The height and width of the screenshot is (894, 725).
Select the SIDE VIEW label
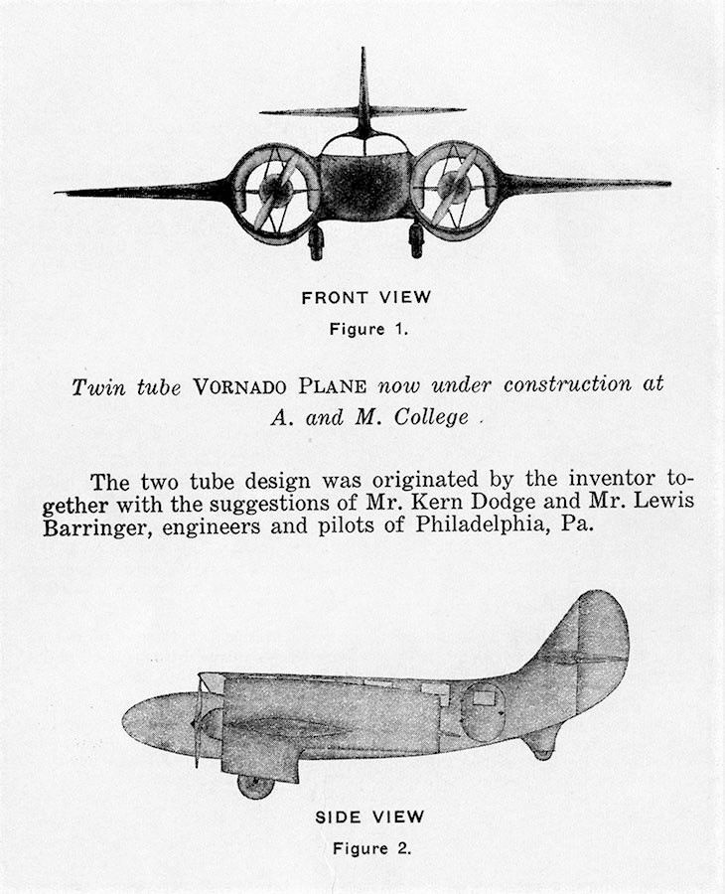tap(369, 818)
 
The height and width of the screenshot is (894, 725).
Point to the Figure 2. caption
tap(370, 849)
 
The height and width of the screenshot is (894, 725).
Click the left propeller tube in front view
tap(274, 192)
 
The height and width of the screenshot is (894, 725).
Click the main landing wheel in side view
tap(255, 786)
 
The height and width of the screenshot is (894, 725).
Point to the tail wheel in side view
tap(542, 752)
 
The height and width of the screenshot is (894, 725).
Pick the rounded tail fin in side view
tap(594, 646)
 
